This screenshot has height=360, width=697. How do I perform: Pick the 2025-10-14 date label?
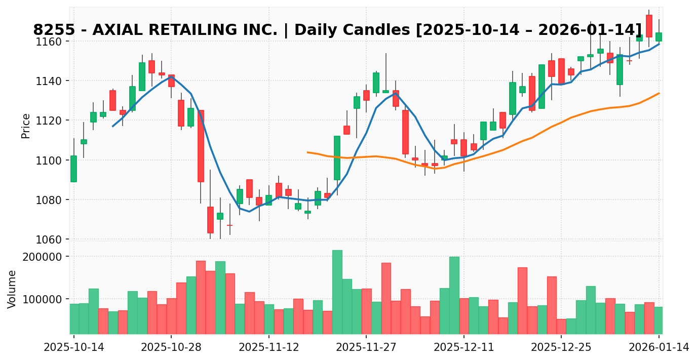(x=73, y=347)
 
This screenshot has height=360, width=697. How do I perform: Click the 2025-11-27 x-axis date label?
(x=366, y=347)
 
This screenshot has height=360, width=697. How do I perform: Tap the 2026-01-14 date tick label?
(x=659, y=347)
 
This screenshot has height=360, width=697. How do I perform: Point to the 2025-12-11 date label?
(x=463, y=347)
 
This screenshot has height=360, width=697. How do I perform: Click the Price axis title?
(x=26, y=126)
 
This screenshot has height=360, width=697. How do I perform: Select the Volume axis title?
(x=12, y=289)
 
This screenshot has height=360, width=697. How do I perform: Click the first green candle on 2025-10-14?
(x=73, y=169)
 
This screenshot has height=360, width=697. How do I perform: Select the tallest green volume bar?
(x=337, y=292)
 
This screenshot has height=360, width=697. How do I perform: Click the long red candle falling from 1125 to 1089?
(x=201, y=146)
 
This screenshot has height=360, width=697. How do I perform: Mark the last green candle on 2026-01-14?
(x=659, y=37)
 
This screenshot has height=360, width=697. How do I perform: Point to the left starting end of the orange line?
(x=307, y=152)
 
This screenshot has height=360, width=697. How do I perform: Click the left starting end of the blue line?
(x=112, y=126)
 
